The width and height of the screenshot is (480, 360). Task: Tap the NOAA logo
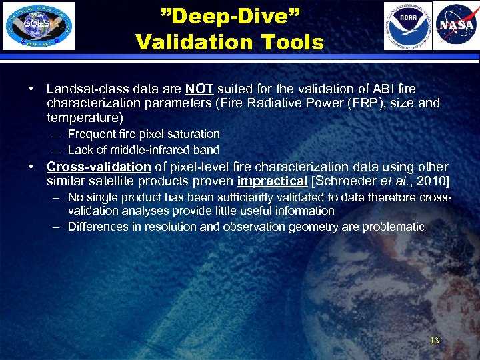(x=407, y=26)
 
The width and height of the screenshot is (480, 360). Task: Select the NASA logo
(x=455, y=26)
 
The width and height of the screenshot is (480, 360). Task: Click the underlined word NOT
(x=199, y=89)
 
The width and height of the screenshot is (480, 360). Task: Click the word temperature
(x=85, y=118)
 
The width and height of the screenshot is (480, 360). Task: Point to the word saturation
(x=187, y=134)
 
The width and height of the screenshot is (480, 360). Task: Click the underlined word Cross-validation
(x=99, y=167)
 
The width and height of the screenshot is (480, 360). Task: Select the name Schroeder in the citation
(x=343, y=181)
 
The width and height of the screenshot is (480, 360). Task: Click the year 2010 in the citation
(x=433, y=181)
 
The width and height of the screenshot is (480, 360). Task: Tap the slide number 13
(x=434, y=341)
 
